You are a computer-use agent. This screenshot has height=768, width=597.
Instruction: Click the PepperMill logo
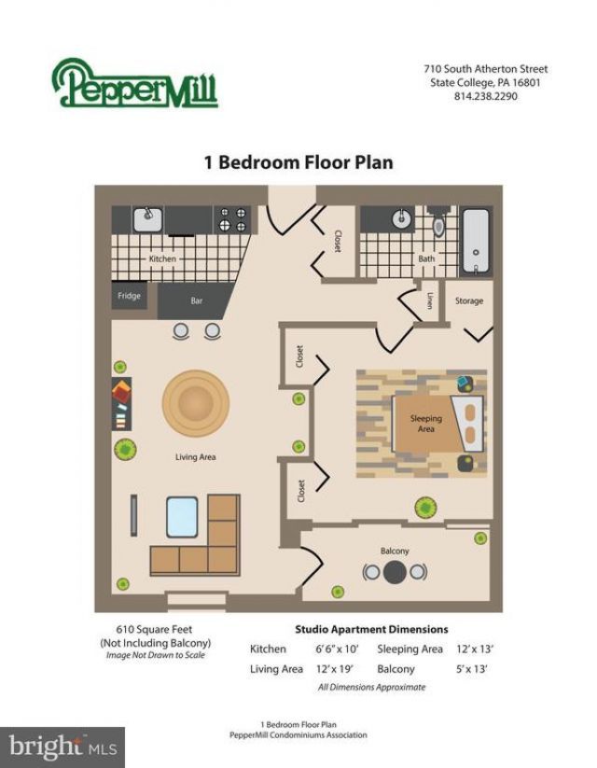point(134,83)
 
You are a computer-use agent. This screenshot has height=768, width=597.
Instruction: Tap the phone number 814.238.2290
point(485,96)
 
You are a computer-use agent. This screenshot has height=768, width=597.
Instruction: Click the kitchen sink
point(148,219)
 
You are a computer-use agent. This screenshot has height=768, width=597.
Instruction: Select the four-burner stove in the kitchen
point(232,219)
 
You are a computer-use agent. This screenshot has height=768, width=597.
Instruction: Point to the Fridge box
point(130,296)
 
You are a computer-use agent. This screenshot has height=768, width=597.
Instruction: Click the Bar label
point(197,300)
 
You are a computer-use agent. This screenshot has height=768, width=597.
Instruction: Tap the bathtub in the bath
point(476,241)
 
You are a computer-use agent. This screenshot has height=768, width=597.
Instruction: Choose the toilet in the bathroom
point(438,221)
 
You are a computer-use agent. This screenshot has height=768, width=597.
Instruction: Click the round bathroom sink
point(402,218)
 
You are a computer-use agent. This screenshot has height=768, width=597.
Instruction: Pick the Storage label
point(469,300)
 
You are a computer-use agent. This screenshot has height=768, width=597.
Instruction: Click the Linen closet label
point(430,300)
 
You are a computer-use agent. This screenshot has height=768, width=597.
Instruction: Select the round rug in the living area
point(196,403)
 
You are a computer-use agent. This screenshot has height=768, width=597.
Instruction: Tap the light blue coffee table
point(182,517)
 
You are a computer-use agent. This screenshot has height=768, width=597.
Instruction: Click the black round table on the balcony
point(395,572)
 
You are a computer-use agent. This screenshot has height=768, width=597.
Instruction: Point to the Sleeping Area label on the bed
point(426,424)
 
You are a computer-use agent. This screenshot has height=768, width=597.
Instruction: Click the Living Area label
point(195,457)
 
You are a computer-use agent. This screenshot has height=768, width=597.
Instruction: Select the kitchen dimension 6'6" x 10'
point(337,649)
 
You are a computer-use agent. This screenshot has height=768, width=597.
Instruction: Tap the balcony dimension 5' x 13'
point(472,669)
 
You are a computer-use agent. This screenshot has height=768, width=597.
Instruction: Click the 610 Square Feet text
point(154,629)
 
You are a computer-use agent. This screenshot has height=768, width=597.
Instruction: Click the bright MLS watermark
point(62,747)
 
